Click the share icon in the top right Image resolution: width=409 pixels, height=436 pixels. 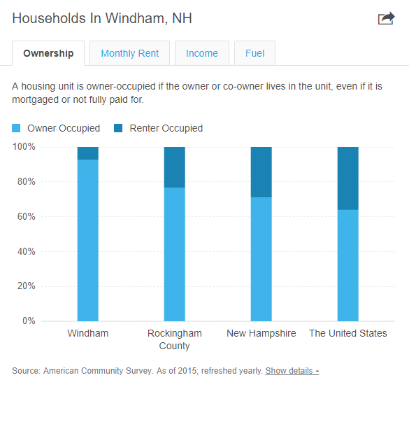point(386,19)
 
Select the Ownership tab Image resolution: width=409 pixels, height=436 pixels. point(48,53)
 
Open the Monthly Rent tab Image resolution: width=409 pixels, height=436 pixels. point(129,53)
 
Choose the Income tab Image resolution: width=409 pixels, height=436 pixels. point(202,53)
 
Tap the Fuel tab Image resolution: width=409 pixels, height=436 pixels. point(254,53)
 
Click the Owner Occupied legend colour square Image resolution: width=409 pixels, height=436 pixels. point(17,129)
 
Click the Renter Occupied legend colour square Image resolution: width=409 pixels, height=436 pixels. point(118,129)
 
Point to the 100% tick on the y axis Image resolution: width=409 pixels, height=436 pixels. point(24,147)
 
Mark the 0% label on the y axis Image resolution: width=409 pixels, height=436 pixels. point(29,321)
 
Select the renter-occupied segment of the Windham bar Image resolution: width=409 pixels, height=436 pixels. point(88,153)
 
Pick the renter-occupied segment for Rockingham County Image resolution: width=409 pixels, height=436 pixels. point(175,167)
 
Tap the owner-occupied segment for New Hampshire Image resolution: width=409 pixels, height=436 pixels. point(261,259)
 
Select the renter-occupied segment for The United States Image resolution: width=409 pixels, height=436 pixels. point(348,178)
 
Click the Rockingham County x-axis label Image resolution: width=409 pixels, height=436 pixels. point(175,339)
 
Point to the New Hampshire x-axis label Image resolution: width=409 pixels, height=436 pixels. point(261,333)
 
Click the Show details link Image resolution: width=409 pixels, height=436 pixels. point(292,371)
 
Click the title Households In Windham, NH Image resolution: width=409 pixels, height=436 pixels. point(102,18)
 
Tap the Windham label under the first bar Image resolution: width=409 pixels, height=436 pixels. point(88,333)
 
